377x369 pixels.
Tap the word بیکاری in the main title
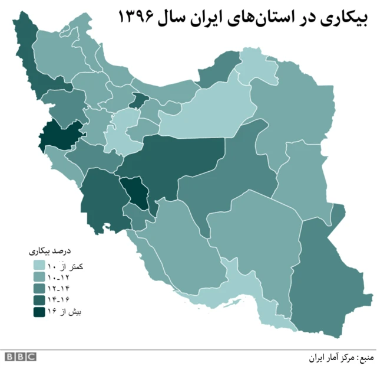[x=342, y=17]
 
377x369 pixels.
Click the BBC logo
[x=21, y=357]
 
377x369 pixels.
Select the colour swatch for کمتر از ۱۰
[x=39, y=267]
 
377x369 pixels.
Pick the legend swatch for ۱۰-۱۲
[x=39, y=278]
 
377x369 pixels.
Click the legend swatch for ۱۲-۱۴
[x=39, y=289]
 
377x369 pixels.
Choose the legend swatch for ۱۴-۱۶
[x=39, y=301]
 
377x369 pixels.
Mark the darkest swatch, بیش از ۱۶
[x=39, y=312]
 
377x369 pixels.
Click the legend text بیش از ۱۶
[x=67, y=312]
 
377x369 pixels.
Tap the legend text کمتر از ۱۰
[x=66, y=267]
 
